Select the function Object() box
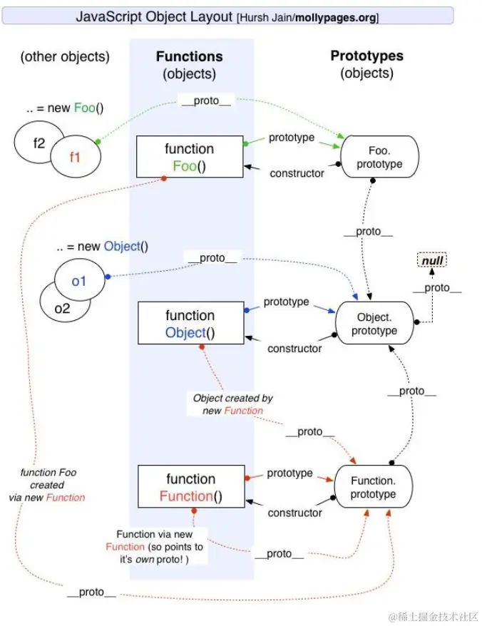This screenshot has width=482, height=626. pos(190,324)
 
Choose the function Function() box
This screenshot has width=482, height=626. pos(190,488)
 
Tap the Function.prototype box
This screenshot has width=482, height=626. pos(371,488)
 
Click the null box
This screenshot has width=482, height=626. pos(432,261)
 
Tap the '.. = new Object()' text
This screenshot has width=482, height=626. pos(103,247)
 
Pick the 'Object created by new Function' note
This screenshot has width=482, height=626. pos(232,404)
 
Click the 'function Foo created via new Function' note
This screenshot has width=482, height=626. pos(52,485)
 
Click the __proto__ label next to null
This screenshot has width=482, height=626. pos(436,288)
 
